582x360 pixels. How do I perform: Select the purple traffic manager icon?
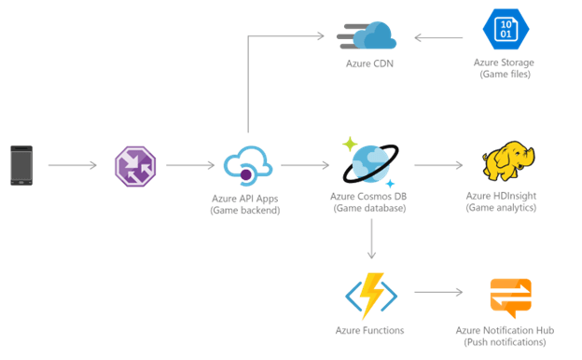[134, 166]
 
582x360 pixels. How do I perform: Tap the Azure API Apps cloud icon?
[246, 166]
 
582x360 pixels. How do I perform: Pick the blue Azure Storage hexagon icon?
[505, 30]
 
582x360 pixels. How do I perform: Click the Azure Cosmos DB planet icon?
[370, 163]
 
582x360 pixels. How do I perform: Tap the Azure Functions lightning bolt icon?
[370, 295]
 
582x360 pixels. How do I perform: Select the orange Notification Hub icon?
[509, 298]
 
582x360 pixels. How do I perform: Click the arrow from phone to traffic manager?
[72, 166]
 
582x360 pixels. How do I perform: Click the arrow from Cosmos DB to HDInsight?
[437, 166]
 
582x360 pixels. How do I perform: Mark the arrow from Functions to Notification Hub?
[437, 293]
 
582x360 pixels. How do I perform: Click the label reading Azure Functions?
[368, 330]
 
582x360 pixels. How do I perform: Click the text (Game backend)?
[245, 209]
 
